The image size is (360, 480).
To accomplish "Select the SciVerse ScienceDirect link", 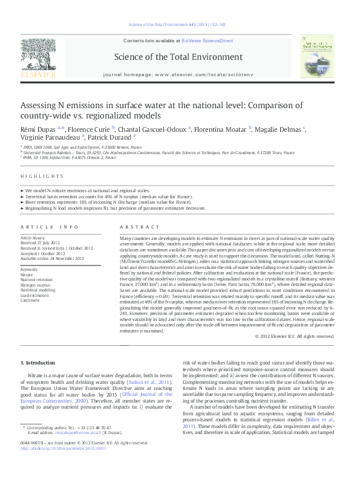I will coord(210,41).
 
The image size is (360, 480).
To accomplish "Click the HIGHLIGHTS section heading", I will coord(42,176).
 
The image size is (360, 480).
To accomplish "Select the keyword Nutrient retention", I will coord(36,280).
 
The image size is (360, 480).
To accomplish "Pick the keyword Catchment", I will coord(30,299).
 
